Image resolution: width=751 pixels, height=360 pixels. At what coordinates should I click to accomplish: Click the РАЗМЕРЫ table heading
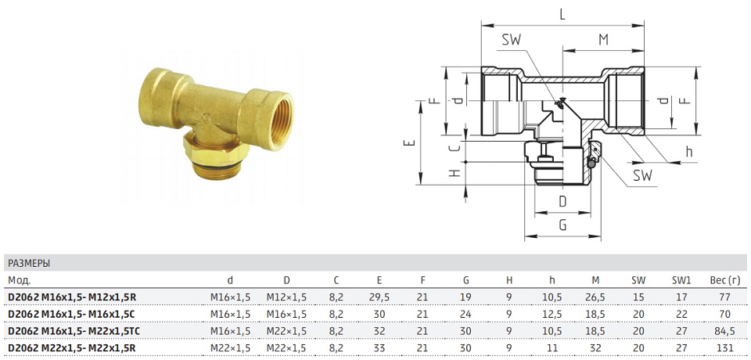click(29, 263)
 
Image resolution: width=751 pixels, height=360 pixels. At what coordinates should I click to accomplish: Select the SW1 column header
click(681, 280)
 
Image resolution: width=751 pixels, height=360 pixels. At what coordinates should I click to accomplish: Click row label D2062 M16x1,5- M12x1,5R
click(72, 297)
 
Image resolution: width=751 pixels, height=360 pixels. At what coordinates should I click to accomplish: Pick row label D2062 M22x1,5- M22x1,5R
click(72, 347)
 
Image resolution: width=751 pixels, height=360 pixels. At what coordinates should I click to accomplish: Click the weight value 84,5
click(725, 331)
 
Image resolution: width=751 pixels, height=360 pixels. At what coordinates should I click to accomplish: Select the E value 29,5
click(380, 297)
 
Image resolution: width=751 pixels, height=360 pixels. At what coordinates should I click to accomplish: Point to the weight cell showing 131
click(725, 347)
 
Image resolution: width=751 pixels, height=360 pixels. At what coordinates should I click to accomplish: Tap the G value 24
click(466, 314)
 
